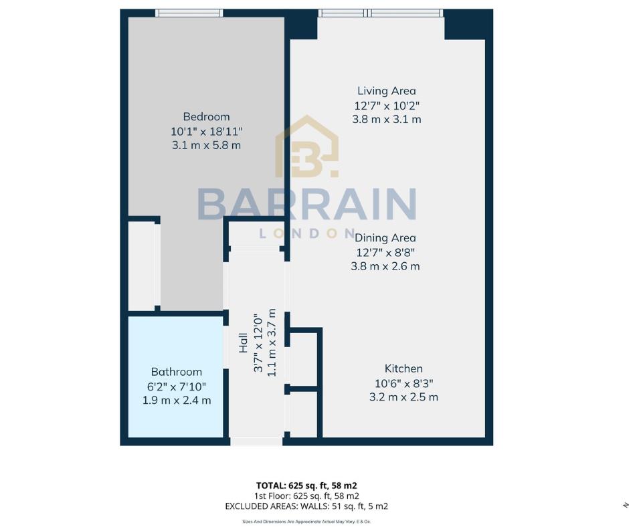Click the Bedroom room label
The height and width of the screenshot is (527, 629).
[x=206, y=116]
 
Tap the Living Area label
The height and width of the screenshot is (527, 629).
[x=386, y=91]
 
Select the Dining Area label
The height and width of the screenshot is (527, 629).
[x=385, y=237]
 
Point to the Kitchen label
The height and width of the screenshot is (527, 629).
[x=403, y=368]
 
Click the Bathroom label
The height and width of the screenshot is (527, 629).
[x=177, y=372]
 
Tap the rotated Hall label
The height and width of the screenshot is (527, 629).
[x=244, y=344]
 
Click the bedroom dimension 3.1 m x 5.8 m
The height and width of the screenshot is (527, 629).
[x=206, y=145]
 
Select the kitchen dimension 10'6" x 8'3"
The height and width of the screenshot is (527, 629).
[x=403, y=383]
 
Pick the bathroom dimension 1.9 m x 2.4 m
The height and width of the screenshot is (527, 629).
[x=177, y=401]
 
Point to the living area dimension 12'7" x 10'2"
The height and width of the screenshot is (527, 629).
[x=386, y=106]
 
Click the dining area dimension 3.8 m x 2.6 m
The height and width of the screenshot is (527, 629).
[x=385, y=266]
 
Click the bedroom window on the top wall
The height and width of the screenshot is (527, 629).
[x=189, y=13]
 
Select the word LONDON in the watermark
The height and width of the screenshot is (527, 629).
[x=307, y=233]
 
